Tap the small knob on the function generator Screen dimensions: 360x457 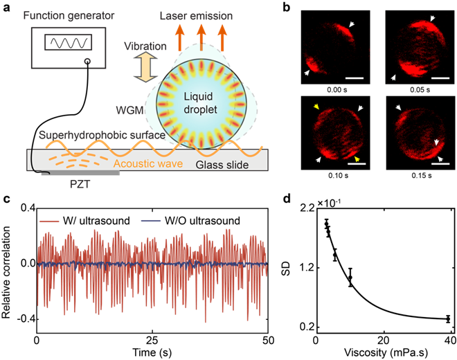pos(87,62)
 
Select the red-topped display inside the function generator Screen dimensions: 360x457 pos(66,42)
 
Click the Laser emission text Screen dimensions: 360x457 pos(196,15)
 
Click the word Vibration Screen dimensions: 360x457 pos(145,46)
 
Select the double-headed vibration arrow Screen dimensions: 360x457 pos(145,69)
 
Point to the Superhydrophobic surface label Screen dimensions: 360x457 pos(102,134)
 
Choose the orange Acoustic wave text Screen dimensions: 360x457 pos(146,164)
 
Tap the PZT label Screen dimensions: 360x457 pos(80,185)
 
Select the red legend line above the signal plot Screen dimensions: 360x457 pos(50,221)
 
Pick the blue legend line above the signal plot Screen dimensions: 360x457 pos(151,221)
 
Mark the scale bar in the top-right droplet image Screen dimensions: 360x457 pos(440,79)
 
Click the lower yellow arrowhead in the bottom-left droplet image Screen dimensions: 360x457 pos(358,159)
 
